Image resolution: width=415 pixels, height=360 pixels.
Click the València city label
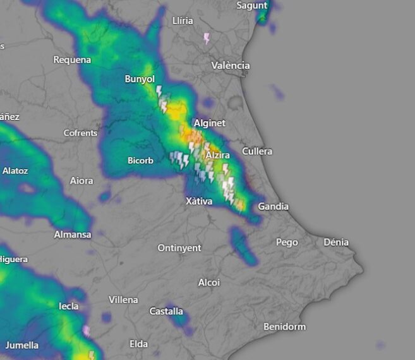[x=231, y=66]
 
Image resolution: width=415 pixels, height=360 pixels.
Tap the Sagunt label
[x=252, y=6]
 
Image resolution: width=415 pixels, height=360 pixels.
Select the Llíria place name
[x=183, y=21]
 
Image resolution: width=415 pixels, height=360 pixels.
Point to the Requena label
[x=72, y=60]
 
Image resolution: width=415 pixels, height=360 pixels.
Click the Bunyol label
[x=140, y=79]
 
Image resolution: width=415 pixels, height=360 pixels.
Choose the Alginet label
[x=209, y=123]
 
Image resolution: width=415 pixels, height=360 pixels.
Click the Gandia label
[x=274, y=207]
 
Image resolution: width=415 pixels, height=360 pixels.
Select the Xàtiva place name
[x=199, y=201]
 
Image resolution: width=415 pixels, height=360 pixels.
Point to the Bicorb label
[x=140, y=160]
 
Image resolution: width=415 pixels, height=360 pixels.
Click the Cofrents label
[x=81, y=133]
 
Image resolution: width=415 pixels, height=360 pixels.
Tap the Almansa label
[x=73, y=235]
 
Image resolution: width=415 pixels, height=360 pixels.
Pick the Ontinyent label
[x=179, y=248]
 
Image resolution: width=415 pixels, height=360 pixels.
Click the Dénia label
[x=336, y=242]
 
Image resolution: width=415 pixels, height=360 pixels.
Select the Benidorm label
[x=284, y=327]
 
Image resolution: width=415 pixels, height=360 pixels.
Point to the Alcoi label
[x=209, y=282]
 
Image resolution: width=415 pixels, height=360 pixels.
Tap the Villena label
[x=123, y=299]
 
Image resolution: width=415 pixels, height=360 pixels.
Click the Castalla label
[x=166, y=311]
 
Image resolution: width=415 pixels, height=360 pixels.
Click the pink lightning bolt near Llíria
[x=207, y=39]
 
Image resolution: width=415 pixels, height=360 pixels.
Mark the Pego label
[x=287, y=242]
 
